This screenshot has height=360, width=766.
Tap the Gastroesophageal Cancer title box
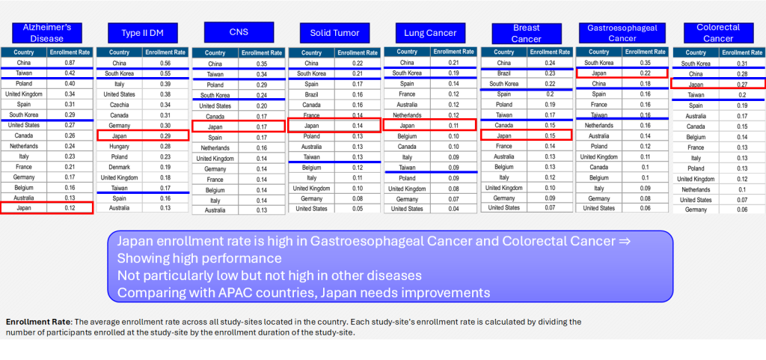(x=622, y=33)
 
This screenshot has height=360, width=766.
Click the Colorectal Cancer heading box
(x=718, y=33)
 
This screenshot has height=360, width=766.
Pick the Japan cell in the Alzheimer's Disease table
(x=23, y=207)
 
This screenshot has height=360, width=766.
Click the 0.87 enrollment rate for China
(x=70, y=62)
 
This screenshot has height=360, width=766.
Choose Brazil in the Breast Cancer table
(x=504, y=73)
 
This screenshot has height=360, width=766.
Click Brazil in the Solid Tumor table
(x=311, y=94)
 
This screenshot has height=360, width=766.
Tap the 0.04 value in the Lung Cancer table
(x=454, y=209)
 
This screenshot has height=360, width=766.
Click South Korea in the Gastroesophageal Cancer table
(x=599, y=63)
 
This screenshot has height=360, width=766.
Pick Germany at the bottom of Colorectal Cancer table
(x=696, y=210)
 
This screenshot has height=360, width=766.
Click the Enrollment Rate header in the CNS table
(x=262, y=53)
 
